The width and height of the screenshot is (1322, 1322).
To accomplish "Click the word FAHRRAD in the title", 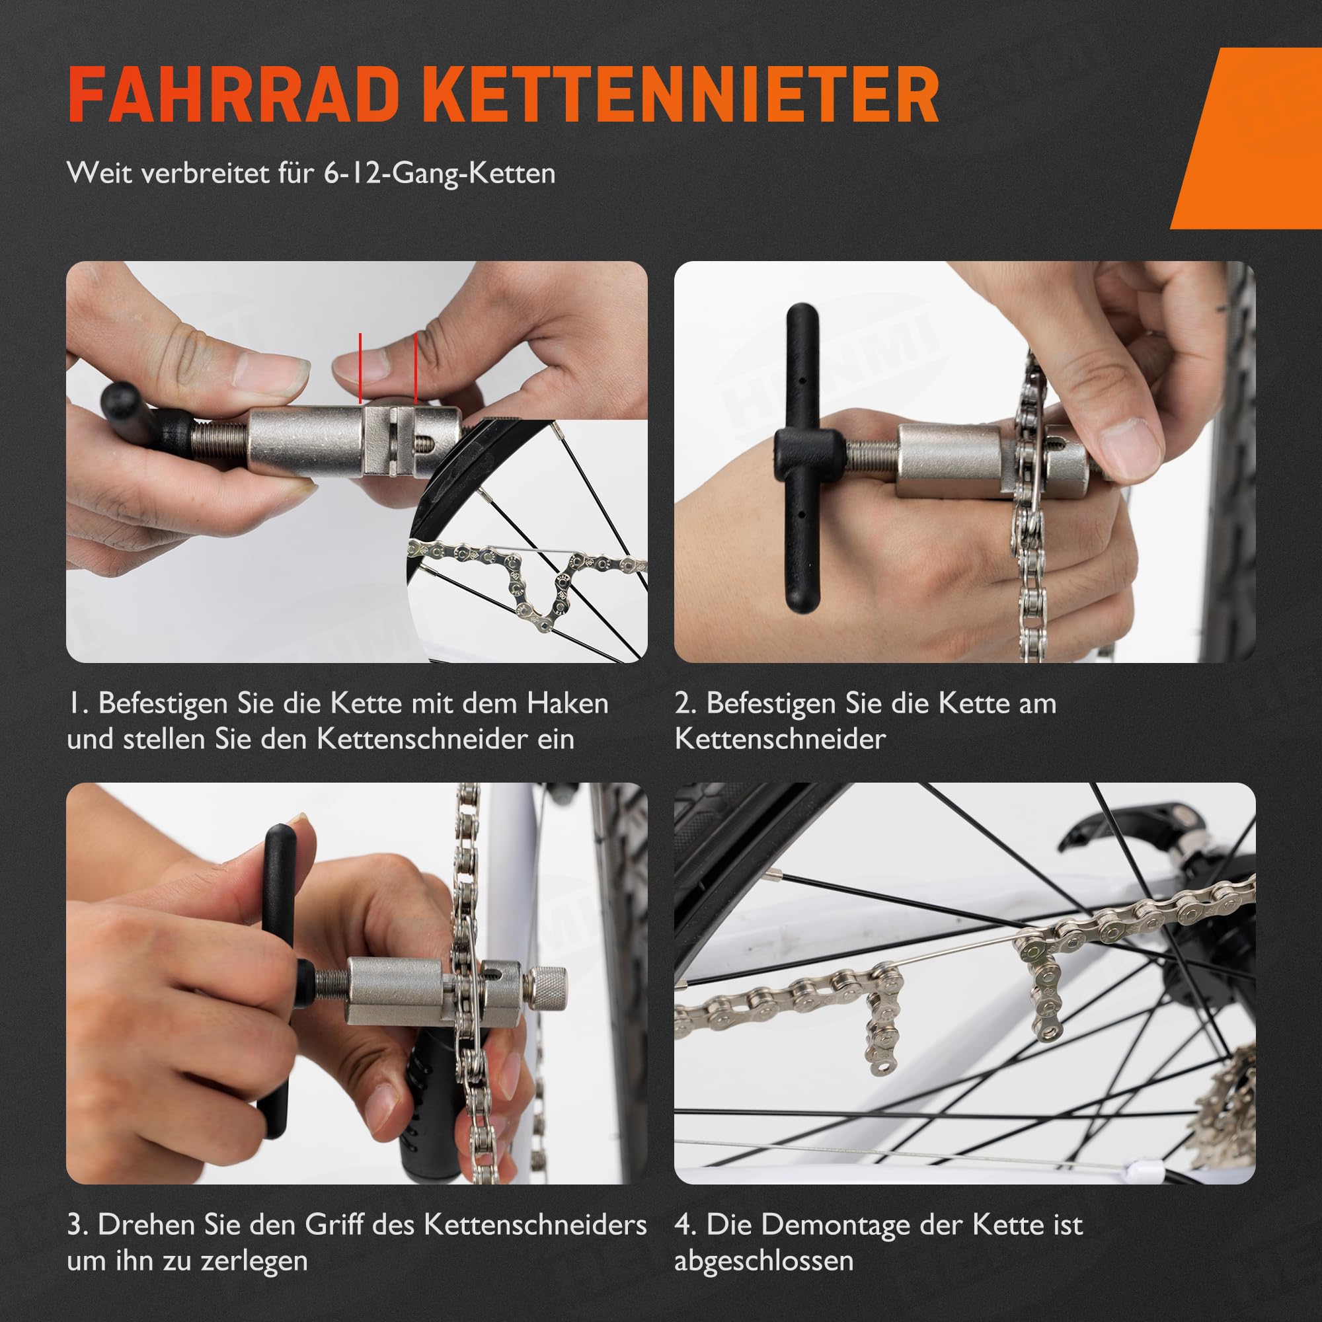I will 233,95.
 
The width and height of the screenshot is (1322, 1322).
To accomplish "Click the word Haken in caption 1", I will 567,704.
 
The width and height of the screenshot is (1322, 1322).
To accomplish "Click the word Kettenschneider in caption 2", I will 780,740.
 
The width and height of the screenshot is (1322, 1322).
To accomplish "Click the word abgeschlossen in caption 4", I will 763,1261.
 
